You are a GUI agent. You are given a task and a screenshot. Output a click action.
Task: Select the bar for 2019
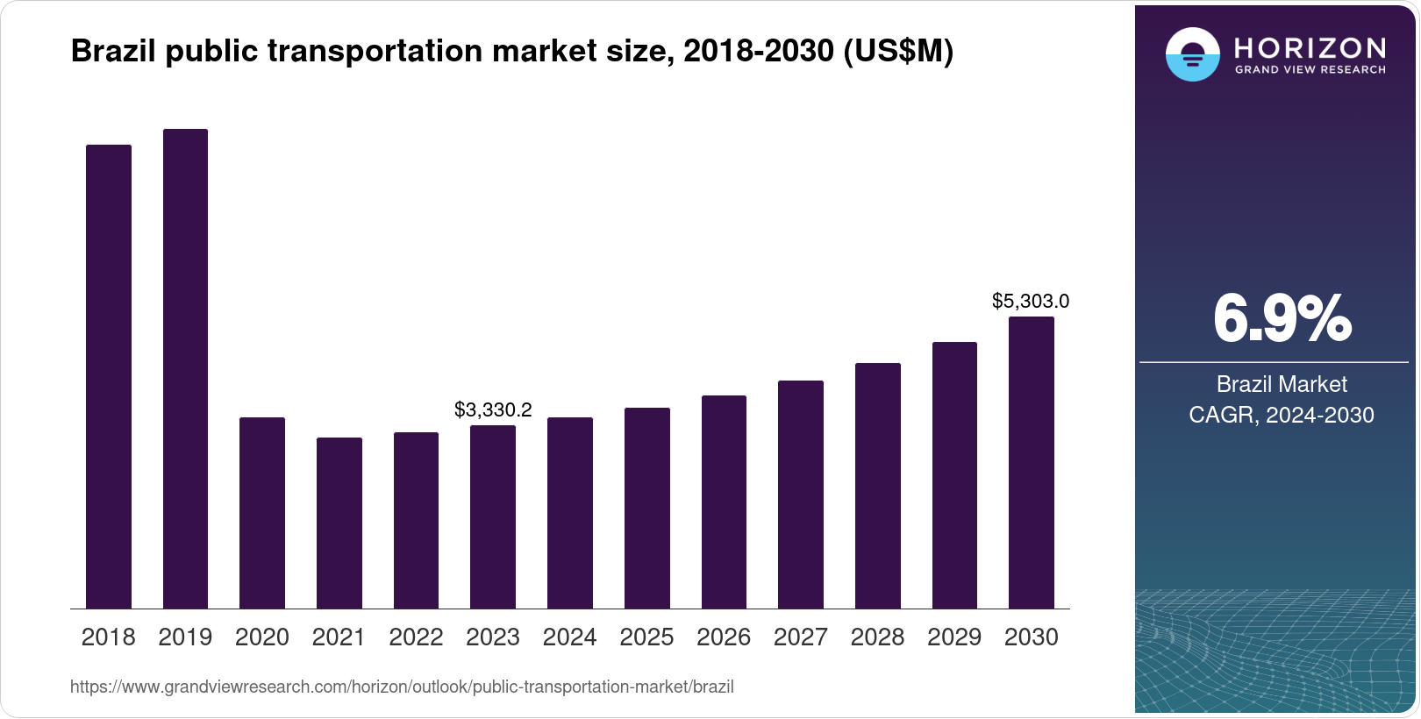pyautogui.click(x=185, y=368)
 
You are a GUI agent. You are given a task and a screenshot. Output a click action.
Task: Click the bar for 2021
pyautogui.click(x=339, y=523)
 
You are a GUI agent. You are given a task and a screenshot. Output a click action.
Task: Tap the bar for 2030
pyautogui.click(x=1031, y=462)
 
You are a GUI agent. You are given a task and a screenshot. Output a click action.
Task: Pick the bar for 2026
pyautogui.click(x=724, y=502)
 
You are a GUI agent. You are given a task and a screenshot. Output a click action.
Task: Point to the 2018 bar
pyautogui.click(x=109, y=376)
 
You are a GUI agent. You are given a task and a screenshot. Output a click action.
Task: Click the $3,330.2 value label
pyautogui.click(x=493, y=409)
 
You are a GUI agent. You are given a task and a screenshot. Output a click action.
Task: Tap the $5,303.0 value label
pyautogui.click(x=1030, y=302)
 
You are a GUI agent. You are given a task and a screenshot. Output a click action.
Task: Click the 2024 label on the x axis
pyautogui.click(x=569, y=637)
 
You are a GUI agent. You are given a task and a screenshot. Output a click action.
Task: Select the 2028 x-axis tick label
pyautogui.click(x=877, y=637)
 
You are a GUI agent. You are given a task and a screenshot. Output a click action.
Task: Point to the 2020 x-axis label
pyautogui.click(x=261, y=637)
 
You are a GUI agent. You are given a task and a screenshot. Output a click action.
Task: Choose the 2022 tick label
pyautogui.click(x=416, y=637)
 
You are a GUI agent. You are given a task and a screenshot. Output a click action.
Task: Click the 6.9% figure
pyautogui.click(x=1282, y=319)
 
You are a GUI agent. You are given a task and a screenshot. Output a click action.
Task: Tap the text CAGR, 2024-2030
pyautogui.click(x=1281, y=415)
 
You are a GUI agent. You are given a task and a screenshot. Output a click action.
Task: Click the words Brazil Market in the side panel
pyautogui.click(x=1281, y=384)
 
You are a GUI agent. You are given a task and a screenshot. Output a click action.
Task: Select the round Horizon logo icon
pyautogui.click(x=1192, y=54)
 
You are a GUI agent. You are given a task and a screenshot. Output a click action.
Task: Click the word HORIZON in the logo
pyautogui.click(x=1310, y=47)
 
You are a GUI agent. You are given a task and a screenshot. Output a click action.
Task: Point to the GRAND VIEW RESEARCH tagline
pyautogui.click(x=1310, y=69)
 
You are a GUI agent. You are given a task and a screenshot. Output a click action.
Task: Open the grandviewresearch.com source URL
pyautogui.click(x=402, y=687)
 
